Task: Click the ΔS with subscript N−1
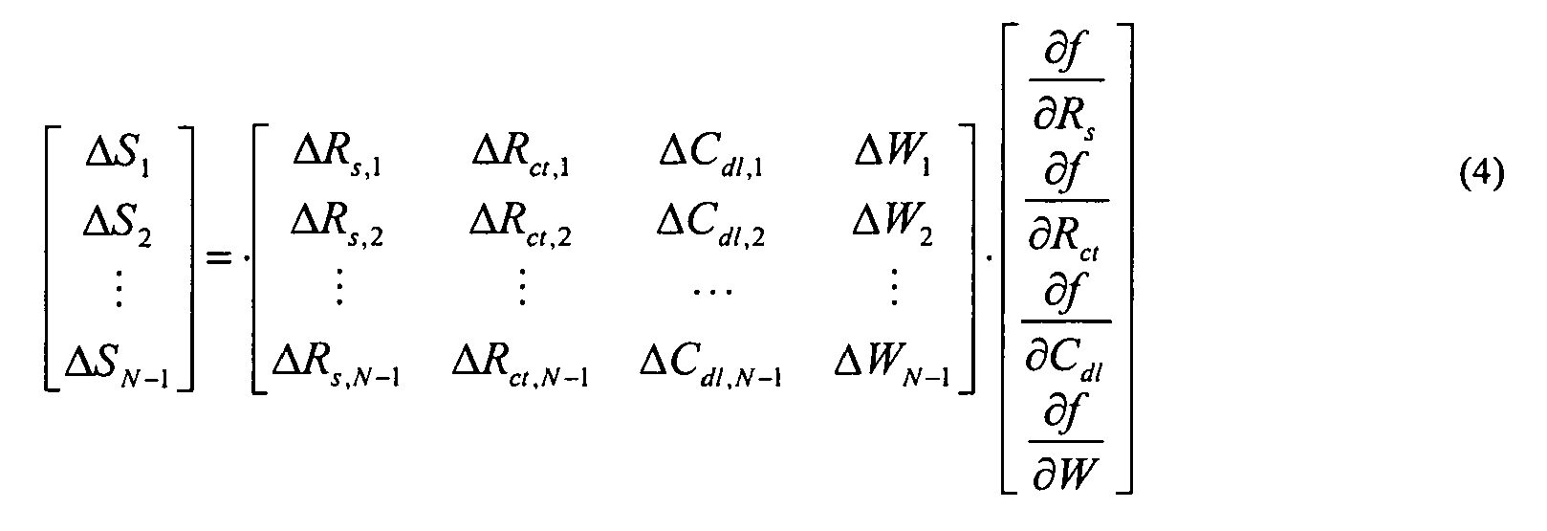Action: (118, 364)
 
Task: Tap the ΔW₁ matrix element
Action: (892, 157)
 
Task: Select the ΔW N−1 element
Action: (892, 364)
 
